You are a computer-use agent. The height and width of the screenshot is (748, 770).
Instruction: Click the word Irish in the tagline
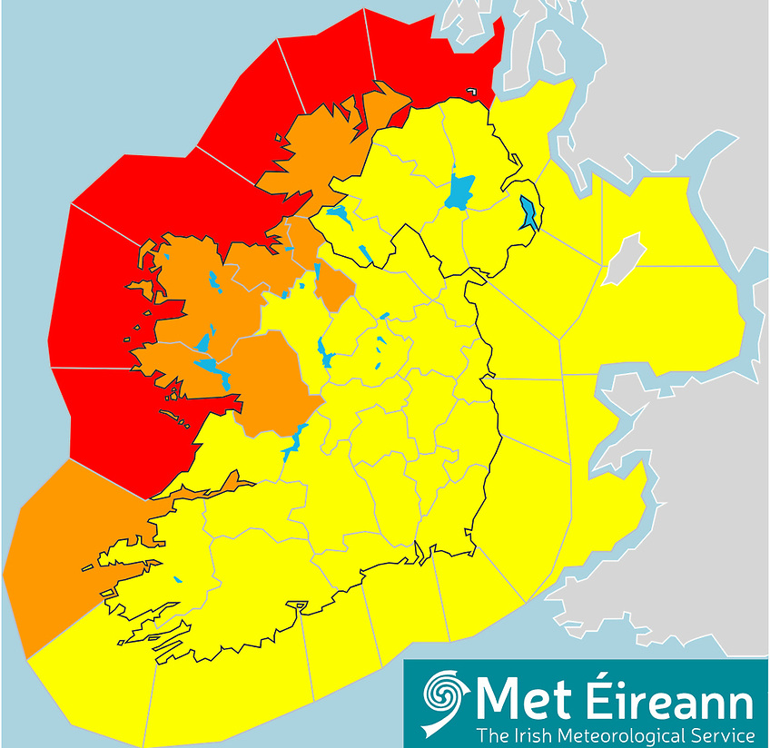[x=536, y=733]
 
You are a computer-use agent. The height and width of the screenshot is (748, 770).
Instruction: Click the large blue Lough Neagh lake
[x=461, y=192]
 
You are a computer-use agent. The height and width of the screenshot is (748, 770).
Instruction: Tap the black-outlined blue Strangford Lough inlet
[x=528, y=215]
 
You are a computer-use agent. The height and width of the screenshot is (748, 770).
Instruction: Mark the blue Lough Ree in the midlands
[x=324, y=349]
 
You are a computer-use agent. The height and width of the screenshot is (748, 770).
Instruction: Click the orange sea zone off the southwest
[x=54, y=563]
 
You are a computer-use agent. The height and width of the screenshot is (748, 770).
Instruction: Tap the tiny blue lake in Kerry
[x=178, y=579]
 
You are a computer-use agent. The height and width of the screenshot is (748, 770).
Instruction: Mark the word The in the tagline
[x=495, y=733]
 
